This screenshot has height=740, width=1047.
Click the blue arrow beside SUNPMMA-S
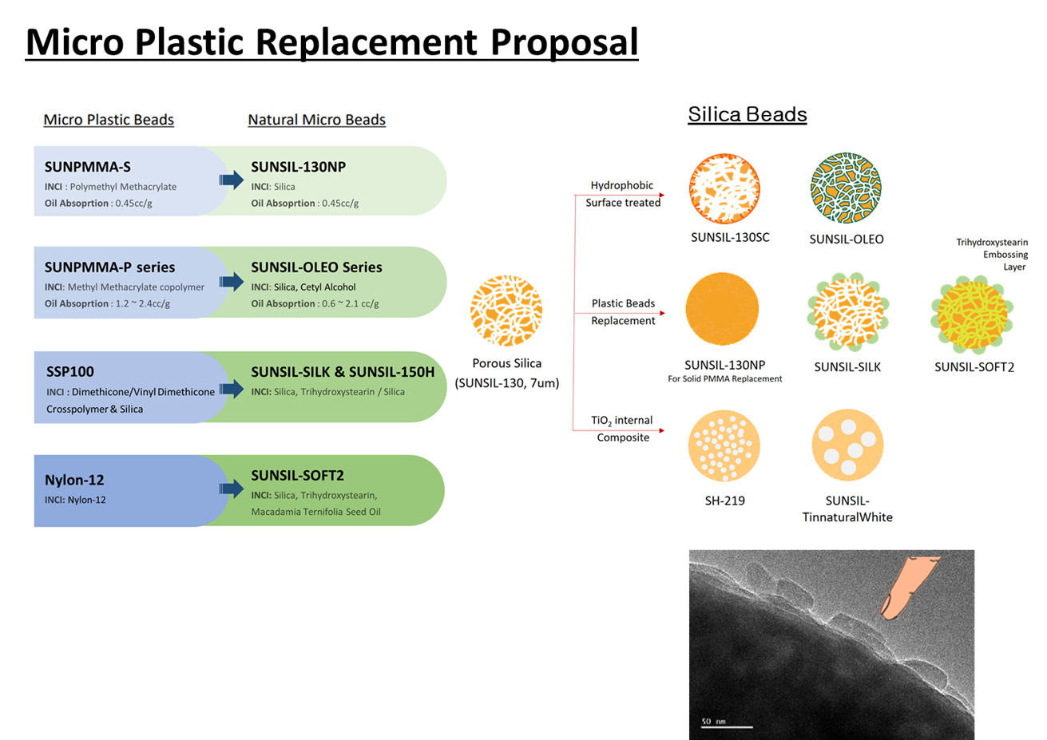pyautogui.click(x=232, y=180)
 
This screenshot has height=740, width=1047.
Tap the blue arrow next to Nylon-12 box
pyautogui.click(x=232, y=489)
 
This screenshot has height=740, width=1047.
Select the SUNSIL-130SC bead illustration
pyautogui.click(x=724, y=188)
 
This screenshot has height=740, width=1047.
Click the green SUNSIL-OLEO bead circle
pyautogui.click(x=846, y=188)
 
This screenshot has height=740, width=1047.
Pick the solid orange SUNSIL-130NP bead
pyautogui.click(x=722, y=309)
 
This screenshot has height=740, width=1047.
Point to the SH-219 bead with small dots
pyautogui.click(x=724, y=445)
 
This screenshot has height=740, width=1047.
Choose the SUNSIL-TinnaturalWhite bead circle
pyautogui.click(x=847, y=445)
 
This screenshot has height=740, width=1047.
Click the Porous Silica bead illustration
pyautogui.click(x=506, y=311)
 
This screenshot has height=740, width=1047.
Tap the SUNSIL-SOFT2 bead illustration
pyautogui.click(x=972, y=314)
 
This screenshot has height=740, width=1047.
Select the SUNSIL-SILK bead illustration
pyautogui.click(x=848, y=312)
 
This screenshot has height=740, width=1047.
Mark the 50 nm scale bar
pyautogui.click(x=727, y=727)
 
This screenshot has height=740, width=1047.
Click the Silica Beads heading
pyautogui.click(x=748, y=114)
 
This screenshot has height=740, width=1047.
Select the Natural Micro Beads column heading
pyautogui.click(x=316, y=120)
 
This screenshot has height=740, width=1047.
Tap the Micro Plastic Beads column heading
pyautogui.click(x=109, y=120)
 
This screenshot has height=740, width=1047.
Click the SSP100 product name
pyautogui.click(x=70, y=372)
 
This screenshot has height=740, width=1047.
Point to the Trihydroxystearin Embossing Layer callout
pyautogui.click(x=992, y=255)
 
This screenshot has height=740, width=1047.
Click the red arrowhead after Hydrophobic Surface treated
pyautogui.click(x=662, y=195)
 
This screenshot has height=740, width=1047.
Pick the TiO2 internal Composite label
pyautogui.click(x=622, y=429)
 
